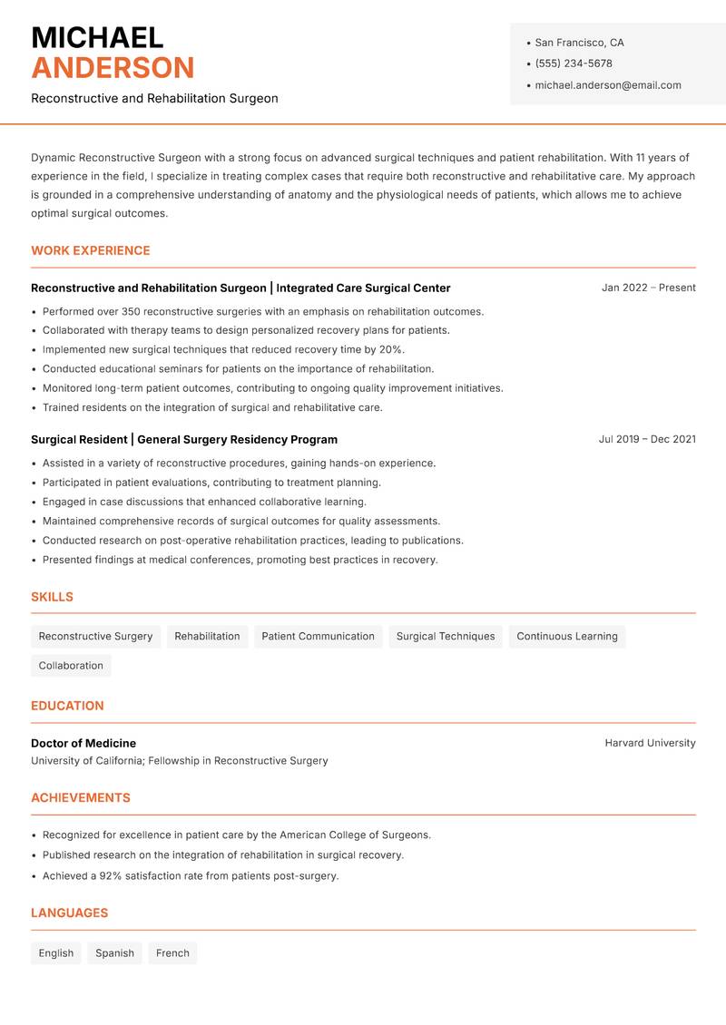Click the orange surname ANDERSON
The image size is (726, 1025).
point(113,68)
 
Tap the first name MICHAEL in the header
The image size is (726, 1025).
point(97,38)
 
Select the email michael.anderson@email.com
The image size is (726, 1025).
point(607,85)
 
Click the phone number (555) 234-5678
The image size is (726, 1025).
point(573,63)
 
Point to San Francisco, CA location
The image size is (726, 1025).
point(579,43)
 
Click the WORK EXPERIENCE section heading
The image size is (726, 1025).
point(91,250)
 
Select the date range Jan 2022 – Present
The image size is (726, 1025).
point(648,288)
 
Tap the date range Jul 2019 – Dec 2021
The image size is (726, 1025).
point(647,439)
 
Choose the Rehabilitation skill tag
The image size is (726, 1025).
point(207,637)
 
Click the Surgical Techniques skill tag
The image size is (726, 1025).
point(446,637)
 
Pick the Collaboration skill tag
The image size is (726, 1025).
point(71,666)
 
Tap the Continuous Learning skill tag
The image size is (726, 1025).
point(566,637)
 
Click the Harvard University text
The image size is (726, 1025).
point(650,743)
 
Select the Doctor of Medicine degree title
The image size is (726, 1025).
point(83,743)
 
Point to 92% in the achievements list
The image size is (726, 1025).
point(111,876)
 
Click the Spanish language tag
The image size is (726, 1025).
point(114,953)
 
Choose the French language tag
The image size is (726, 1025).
point(172,953)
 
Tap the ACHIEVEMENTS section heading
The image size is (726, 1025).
point(81,798)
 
